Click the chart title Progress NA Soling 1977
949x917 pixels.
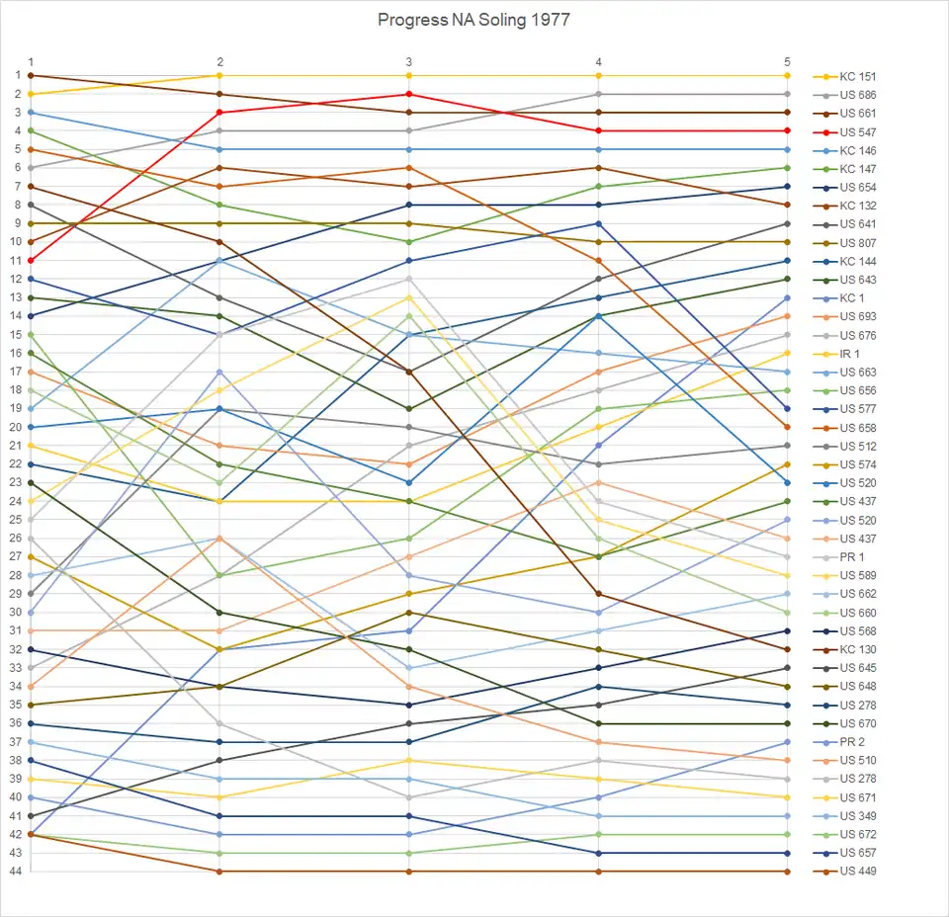pyautogui.click(x=474, y=20)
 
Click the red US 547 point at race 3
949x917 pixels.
pyautogui.click(x=409, y=94)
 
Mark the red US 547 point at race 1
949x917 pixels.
pyautogui.click(x=31, y=260)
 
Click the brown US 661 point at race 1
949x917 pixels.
pyautogui.click(x=31, y=75)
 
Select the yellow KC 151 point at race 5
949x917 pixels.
pyautogui.click(x=787, y=75)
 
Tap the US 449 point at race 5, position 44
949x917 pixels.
pyautogui.click(x=787, y=872)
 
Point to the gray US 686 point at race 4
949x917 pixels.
pyautogui.click(x=598, y=94)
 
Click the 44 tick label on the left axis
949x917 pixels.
pyautogui.click(x=18, y=872)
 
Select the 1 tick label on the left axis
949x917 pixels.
pyautogui.click(x=18, y=75)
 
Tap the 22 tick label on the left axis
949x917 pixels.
pyautogui.click(x=18, y=463)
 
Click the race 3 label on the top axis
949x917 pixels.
pyautogui.click(x=409, y=62)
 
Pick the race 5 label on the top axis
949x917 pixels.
pyautogui.click(x=787, y=62)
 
